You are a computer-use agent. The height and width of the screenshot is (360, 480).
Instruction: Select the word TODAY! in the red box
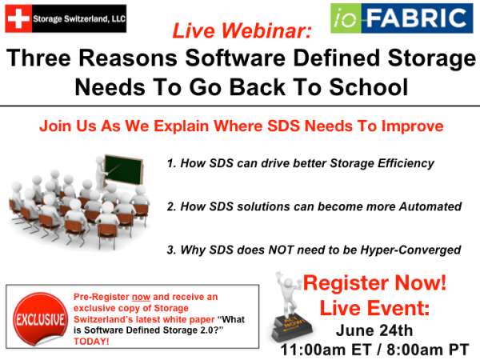[x=90, y=341]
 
